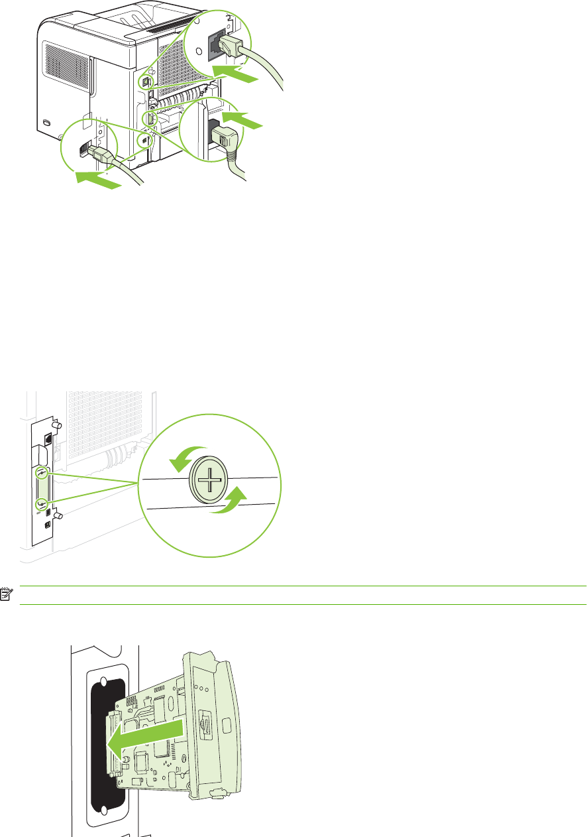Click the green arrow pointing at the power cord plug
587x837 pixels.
click(242, 121)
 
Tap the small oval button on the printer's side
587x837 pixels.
click(45, 123)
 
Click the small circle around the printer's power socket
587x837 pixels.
click(150, 119)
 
